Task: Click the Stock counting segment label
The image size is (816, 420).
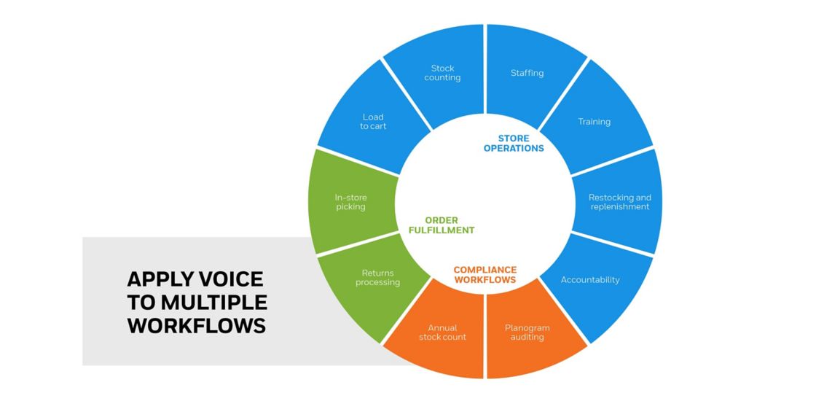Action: coord(442,73)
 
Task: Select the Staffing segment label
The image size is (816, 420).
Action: coord(527,73)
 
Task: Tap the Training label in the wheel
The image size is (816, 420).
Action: coord(594,122)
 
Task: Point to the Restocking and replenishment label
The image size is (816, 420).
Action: coord(620,202)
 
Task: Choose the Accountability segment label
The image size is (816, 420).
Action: coord(590,280)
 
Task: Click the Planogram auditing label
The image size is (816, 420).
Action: coord(527,332)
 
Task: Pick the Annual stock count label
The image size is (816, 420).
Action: coord(442,332)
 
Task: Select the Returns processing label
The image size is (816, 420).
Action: coord(377,278)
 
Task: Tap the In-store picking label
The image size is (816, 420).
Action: coord(350,202)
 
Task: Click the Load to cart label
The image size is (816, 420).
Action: coord(373,122)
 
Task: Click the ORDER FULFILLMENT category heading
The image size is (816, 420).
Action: coord(441,225)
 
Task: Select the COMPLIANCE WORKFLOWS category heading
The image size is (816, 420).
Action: coord(484,275)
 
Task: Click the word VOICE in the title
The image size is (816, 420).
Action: coord(229,279)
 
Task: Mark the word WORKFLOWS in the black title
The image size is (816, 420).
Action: coord(197,326)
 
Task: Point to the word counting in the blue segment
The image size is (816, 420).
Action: coord(442,78)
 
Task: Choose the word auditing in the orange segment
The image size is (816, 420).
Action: coord(527,338)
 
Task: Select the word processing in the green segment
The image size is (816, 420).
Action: coord(377,283)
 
